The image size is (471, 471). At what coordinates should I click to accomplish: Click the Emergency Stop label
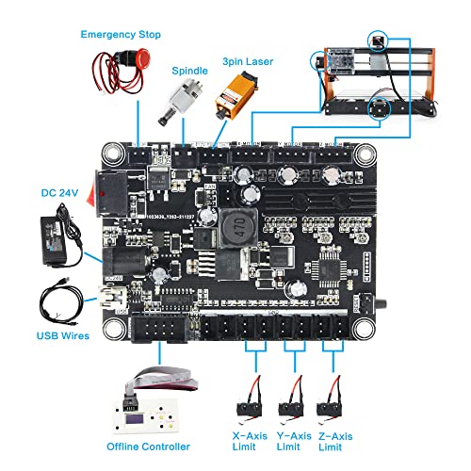[x=121, y=35]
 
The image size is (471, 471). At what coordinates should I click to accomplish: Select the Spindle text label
[x=188, y=71]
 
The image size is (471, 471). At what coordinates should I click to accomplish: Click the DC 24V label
[x=58, y=193]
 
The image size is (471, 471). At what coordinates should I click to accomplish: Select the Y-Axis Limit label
[x=296, y=436]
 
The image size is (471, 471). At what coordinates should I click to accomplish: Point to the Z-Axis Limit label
[x=342, y=436]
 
